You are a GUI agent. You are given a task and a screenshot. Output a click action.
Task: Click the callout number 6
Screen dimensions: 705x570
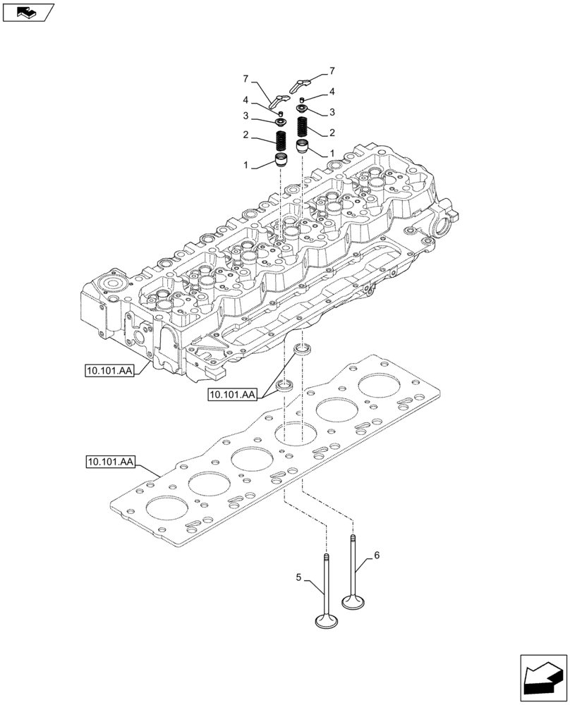point(377,556)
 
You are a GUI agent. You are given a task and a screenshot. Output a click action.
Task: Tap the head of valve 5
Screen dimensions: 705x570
point(327,620)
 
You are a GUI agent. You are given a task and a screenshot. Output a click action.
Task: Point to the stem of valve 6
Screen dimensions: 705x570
point(352,564)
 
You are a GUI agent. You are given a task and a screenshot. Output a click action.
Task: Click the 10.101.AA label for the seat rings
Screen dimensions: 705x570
point(232,395)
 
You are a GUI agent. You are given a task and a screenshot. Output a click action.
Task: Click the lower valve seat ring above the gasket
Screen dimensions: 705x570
point(284,384)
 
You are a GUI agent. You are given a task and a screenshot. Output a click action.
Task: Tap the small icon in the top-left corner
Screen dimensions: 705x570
point(27,11)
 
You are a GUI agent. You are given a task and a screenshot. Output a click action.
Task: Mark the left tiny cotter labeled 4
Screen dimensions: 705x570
point(281,113)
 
